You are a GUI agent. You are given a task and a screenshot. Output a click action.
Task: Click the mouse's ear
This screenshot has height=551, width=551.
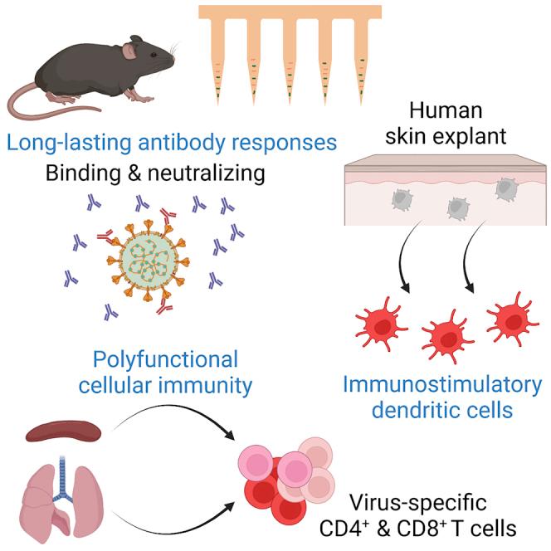(132, 51)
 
